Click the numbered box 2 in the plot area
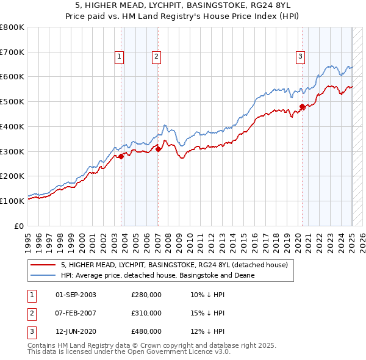(156, 57)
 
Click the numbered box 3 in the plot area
(301, 57)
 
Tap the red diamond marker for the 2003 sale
(121, 156)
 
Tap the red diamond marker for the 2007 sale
(158, 148)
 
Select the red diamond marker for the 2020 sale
(302, 107)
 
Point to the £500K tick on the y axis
(12, 101)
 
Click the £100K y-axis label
(12, 201)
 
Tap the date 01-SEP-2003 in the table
(76, 295)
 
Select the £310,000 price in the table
(146, 313)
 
